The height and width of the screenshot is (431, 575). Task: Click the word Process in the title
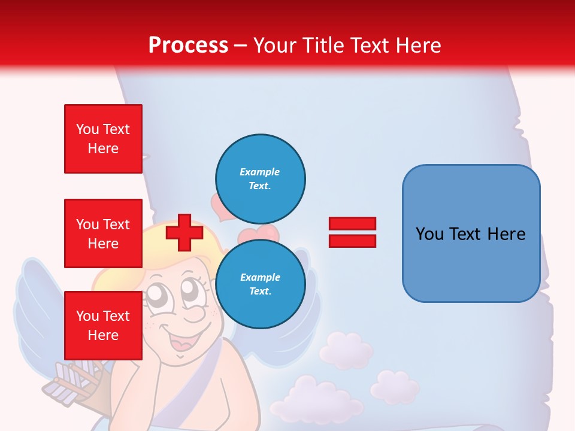[188, 45]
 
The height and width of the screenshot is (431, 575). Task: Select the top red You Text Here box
[103, 139]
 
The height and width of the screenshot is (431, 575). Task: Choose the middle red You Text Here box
[103, 233]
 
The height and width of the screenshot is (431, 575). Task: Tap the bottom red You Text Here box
[103, 325]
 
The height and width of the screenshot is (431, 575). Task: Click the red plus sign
[184, 232]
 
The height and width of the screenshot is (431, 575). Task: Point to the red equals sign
[352, 232]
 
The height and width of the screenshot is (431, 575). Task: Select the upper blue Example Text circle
[260, 178]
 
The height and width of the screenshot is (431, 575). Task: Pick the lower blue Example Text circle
[260, 284]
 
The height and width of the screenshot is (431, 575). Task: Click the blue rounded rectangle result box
[471, 233]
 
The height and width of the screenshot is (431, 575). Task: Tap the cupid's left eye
[157, 293]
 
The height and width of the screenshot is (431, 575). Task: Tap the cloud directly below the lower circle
[346, 350]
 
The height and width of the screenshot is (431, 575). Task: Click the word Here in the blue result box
[506, 233]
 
